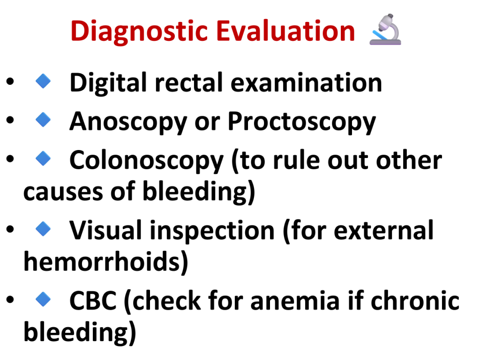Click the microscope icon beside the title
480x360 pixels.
click(x=385, y=30)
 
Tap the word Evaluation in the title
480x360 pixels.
click(x=285, y=30)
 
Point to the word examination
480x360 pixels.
click(x=306, y=82)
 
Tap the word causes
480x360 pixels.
click(x=63, y=192)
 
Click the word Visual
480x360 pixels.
click(x=105, y=230)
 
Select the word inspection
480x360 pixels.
click(x=212, y=232)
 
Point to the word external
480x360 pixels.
click(x=383, y=230)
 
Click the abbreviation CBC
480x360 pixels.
click(x=93, y=301)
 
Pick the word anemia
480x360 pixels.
click(x=295, y=301)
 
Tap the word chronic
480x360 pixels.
click(x=415, y=300)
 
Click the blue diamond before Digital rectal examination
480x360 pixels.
click(x=43, y=81)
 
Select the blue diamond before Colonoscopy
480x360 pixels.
click(x=43, y=158)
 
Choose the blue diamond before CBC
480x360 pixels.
click(x=43, y=299)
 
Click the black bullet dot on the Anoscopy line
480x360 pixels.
click(x=10, y=120)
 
